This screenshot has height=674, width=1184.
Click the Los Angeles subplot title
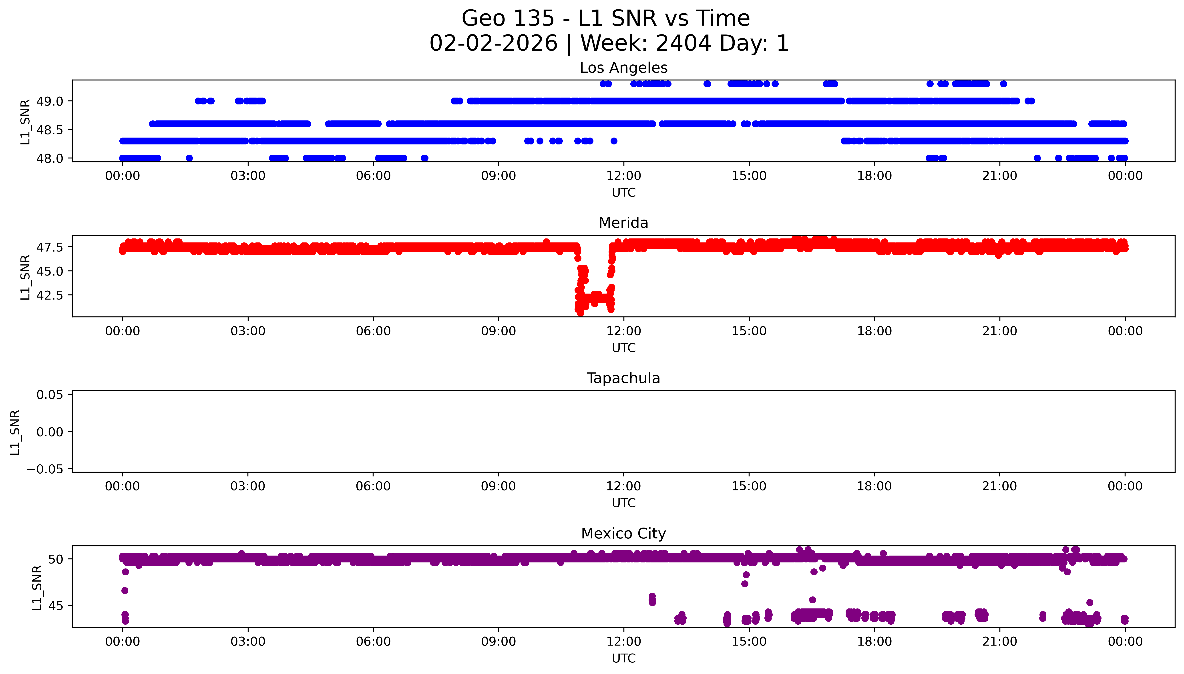tap(623, 68)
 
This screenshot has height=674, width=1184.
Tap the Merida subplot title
tap(623, 223)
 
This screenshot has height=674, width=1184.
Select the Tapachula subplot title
tap(623, 378)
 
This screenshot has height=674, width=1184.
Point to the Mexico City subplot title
tap(623, 534)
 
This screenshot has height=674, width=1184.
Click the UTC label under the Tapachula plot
tap(623, 503)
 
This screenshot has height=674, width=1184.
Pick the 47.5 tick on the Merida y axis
tap(50, 247)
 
